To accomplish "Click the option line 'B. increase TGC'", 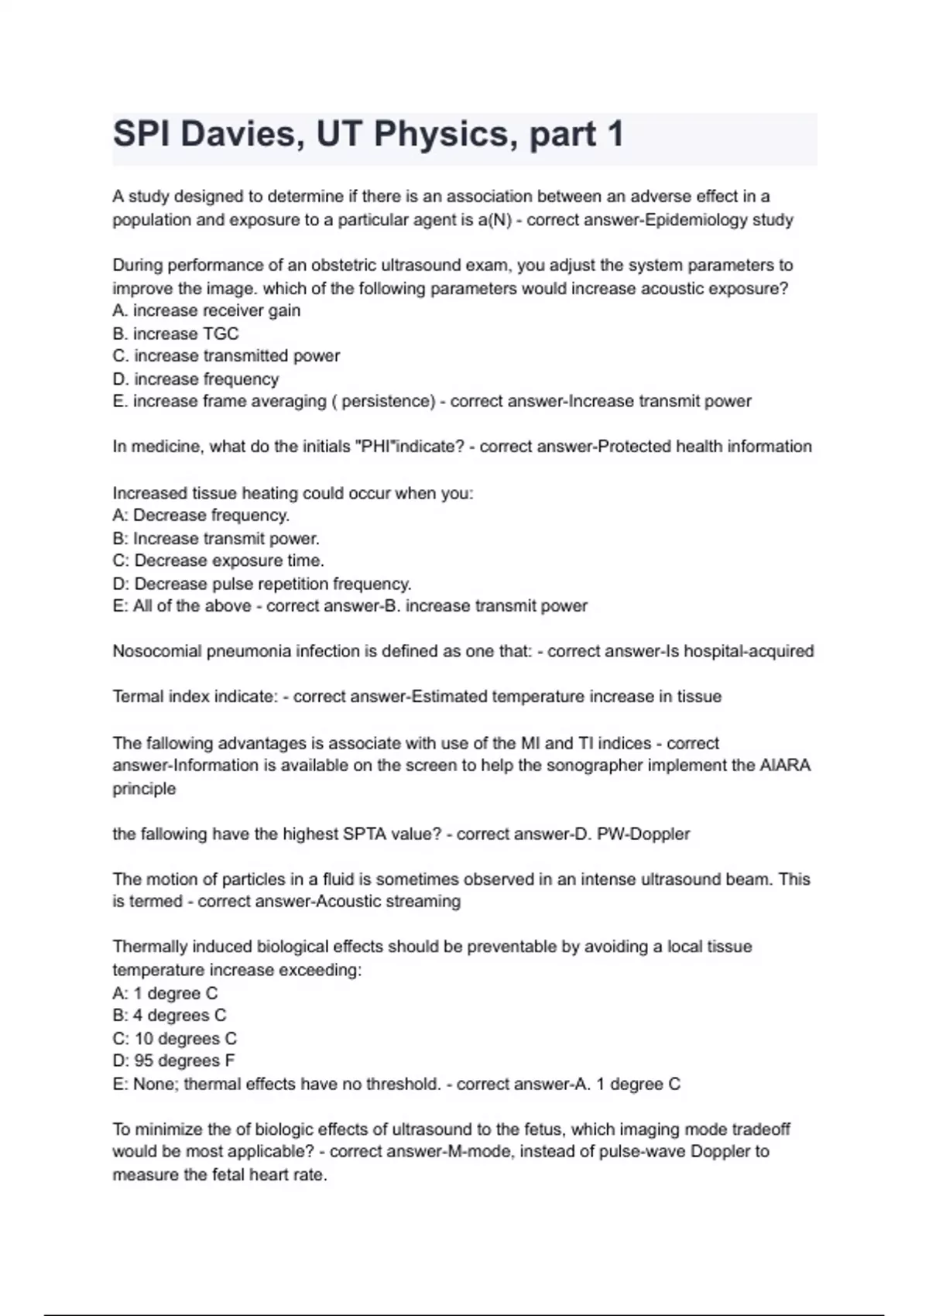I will (x=176, y=334).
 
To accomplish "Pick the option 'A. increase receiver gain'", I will (x=207, y=310).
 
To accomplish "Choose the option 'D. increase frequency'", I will (x=196, y=379).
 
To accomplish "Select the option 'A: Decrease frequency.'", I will (x=201, y=516).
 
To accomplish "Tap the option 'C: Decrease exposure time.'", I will (x=218, y=560).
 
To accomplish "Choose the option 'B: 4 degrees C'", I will (x=170, y=1016).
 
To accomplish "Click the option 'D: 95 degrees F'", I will (x=174, y=1061).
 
